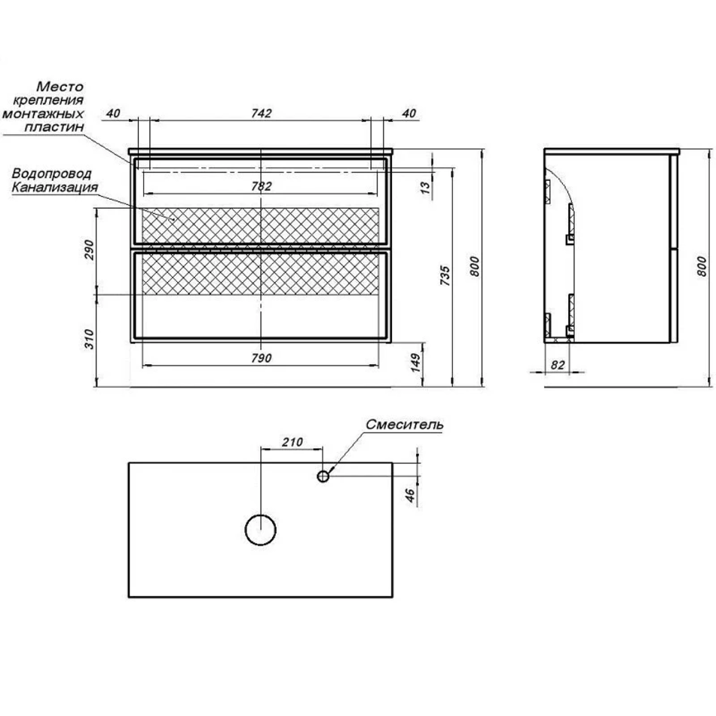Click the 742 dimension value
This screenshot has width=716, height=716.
262,113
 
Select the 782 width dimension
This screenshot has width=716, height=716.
262,186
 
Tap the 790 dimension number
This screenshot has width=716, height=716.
262,359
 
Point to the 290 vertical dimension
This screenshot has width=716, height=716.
89,249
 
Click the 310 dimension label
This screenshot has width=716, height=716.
89,339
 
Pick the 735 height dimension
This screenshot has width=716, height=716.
445,276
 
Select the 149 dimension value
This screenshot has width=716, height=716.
415,363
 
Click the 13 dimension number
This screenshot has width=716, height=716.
425,188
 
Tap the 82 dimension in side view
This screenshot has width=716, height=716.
558,365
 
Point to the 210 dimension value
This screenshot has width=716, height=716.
292,442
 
